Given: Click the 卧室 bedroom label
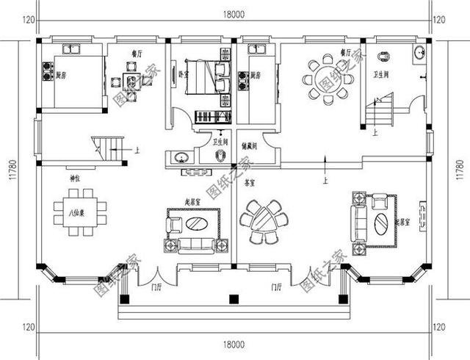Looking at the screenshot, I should [x=183, y=74].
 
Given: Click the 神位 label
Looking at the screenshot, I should [x=74, y=179].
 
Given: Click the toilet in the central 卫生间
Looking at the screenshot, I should [x=220, y=156].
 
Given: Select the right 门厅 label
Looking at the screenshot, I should [x=277, y=287].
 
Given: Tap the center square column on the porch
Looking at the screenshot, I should [x=234, y=298].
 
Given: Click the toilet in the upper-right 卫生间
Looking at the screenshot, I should [x=384, y=56].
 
